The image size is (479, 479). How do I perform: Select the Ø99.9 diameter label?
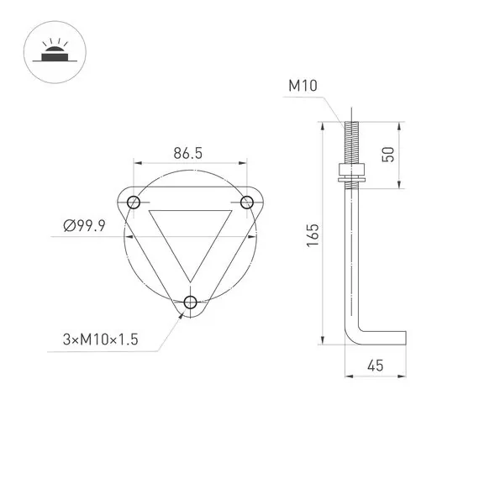pyautogui.click(x=84, y=226)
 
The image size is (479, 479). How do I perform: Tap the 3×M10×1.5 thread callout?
pyautogui.click(x=100, y=340)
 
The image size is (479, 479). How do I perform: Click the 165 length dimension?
pyautogui.click(x=312, y=234)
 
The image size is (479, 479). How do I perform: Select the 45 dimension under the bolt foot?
pyautogui.click(x=376, y=366)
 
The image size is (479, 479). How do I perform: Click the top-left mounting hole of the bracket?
pyautogui.click(x=134, y=202)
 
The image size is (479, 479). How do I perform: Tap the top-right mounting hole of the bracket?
pyautogui.click(x=247, y=202)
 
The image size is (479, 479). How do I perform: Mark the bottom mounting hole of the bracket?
pyautogui.click(x=191, y=302)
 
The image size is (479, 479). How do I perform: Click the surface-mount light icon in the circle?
pyautogui.click(x=52, y=52)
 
